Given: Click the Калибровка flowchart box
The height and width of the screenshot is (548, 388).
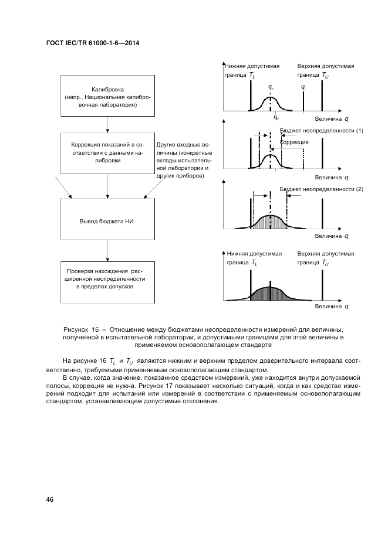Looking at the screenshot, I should (107, 97).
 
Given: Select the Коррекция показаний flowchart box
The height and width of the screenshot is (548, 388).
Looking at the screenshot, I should (107, 152).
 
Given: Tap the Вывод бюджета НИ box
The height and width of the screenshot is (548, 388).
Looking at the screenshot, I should (107, 222).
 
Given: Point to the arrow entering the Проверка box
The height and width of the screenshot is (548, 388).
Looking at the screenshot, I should (107, 253).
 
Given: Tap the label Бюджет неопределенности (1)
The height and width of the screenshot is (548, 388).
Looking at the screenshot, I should (322, 130).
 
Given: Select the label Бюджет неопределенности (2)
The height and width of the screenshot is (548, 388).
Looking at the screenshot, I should (322, 189).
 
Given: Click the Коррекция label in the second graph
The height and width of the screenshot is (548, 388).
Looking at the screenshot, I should (295, 142).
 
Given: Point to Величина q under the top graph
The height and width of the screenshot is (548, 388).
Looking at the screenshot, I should (331, 117).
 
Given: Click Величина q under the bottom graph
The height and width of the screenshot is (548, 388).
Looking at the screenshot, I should (331, 307).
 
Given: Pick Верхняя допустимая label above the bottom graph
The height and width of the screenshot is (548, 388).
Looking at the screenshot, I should (326, 254).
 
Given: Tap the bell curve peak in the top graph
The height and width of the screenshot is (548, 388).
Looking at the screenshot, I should (270, 98).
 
